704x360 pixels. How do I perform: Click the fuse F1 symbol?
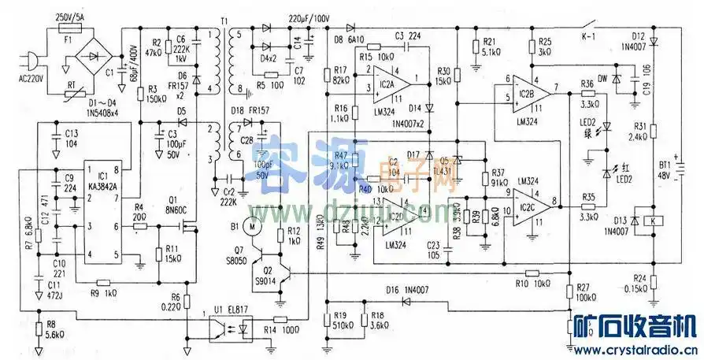pos(69,28)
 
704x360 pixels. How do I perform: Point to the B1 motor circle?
pos(252,227)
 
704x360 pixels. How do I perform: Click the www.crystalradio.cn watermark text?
pos(635,345)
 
